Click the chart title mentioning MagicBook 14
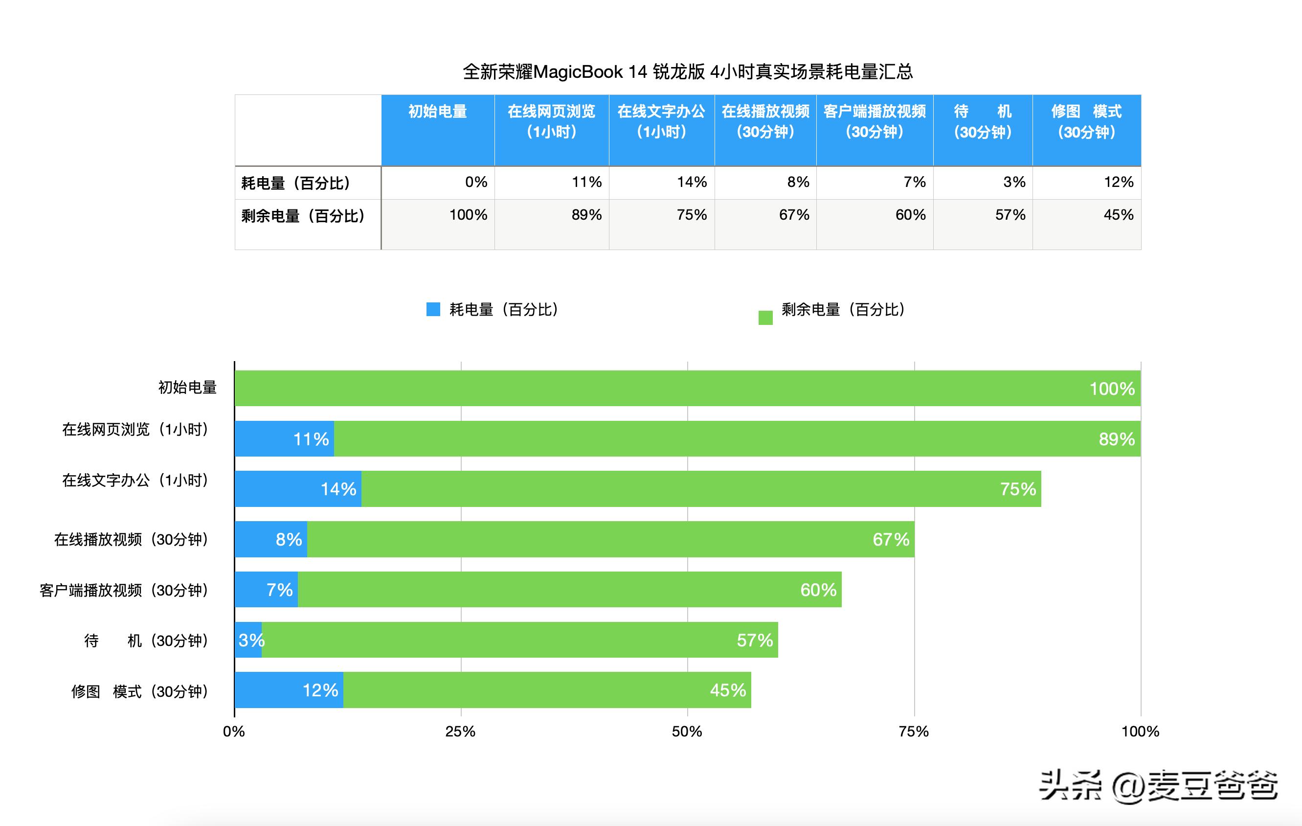687,72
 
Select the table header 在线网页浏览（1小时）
552,122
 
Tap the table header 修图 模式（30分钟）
1086,122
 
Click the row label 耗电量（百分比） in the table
296,183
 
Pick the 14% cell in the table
692,183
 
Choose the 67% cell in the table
793,215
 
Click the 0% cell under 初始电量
476,183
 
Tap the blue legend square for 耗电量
433,309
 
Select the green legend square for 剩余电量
765,318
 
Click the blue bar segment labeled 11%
284,439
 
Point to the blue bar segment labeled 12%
289,690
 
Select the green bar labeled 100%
687,389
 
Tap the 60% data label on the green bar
818,590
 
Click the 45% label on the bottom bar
727,690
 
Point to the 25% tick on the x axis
460,732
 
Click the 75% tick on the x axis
914,732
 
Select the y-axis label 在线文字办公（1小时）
135,481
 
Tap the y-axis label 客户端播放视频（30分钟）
124,590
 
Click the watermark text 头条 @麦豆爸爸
1158,785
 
